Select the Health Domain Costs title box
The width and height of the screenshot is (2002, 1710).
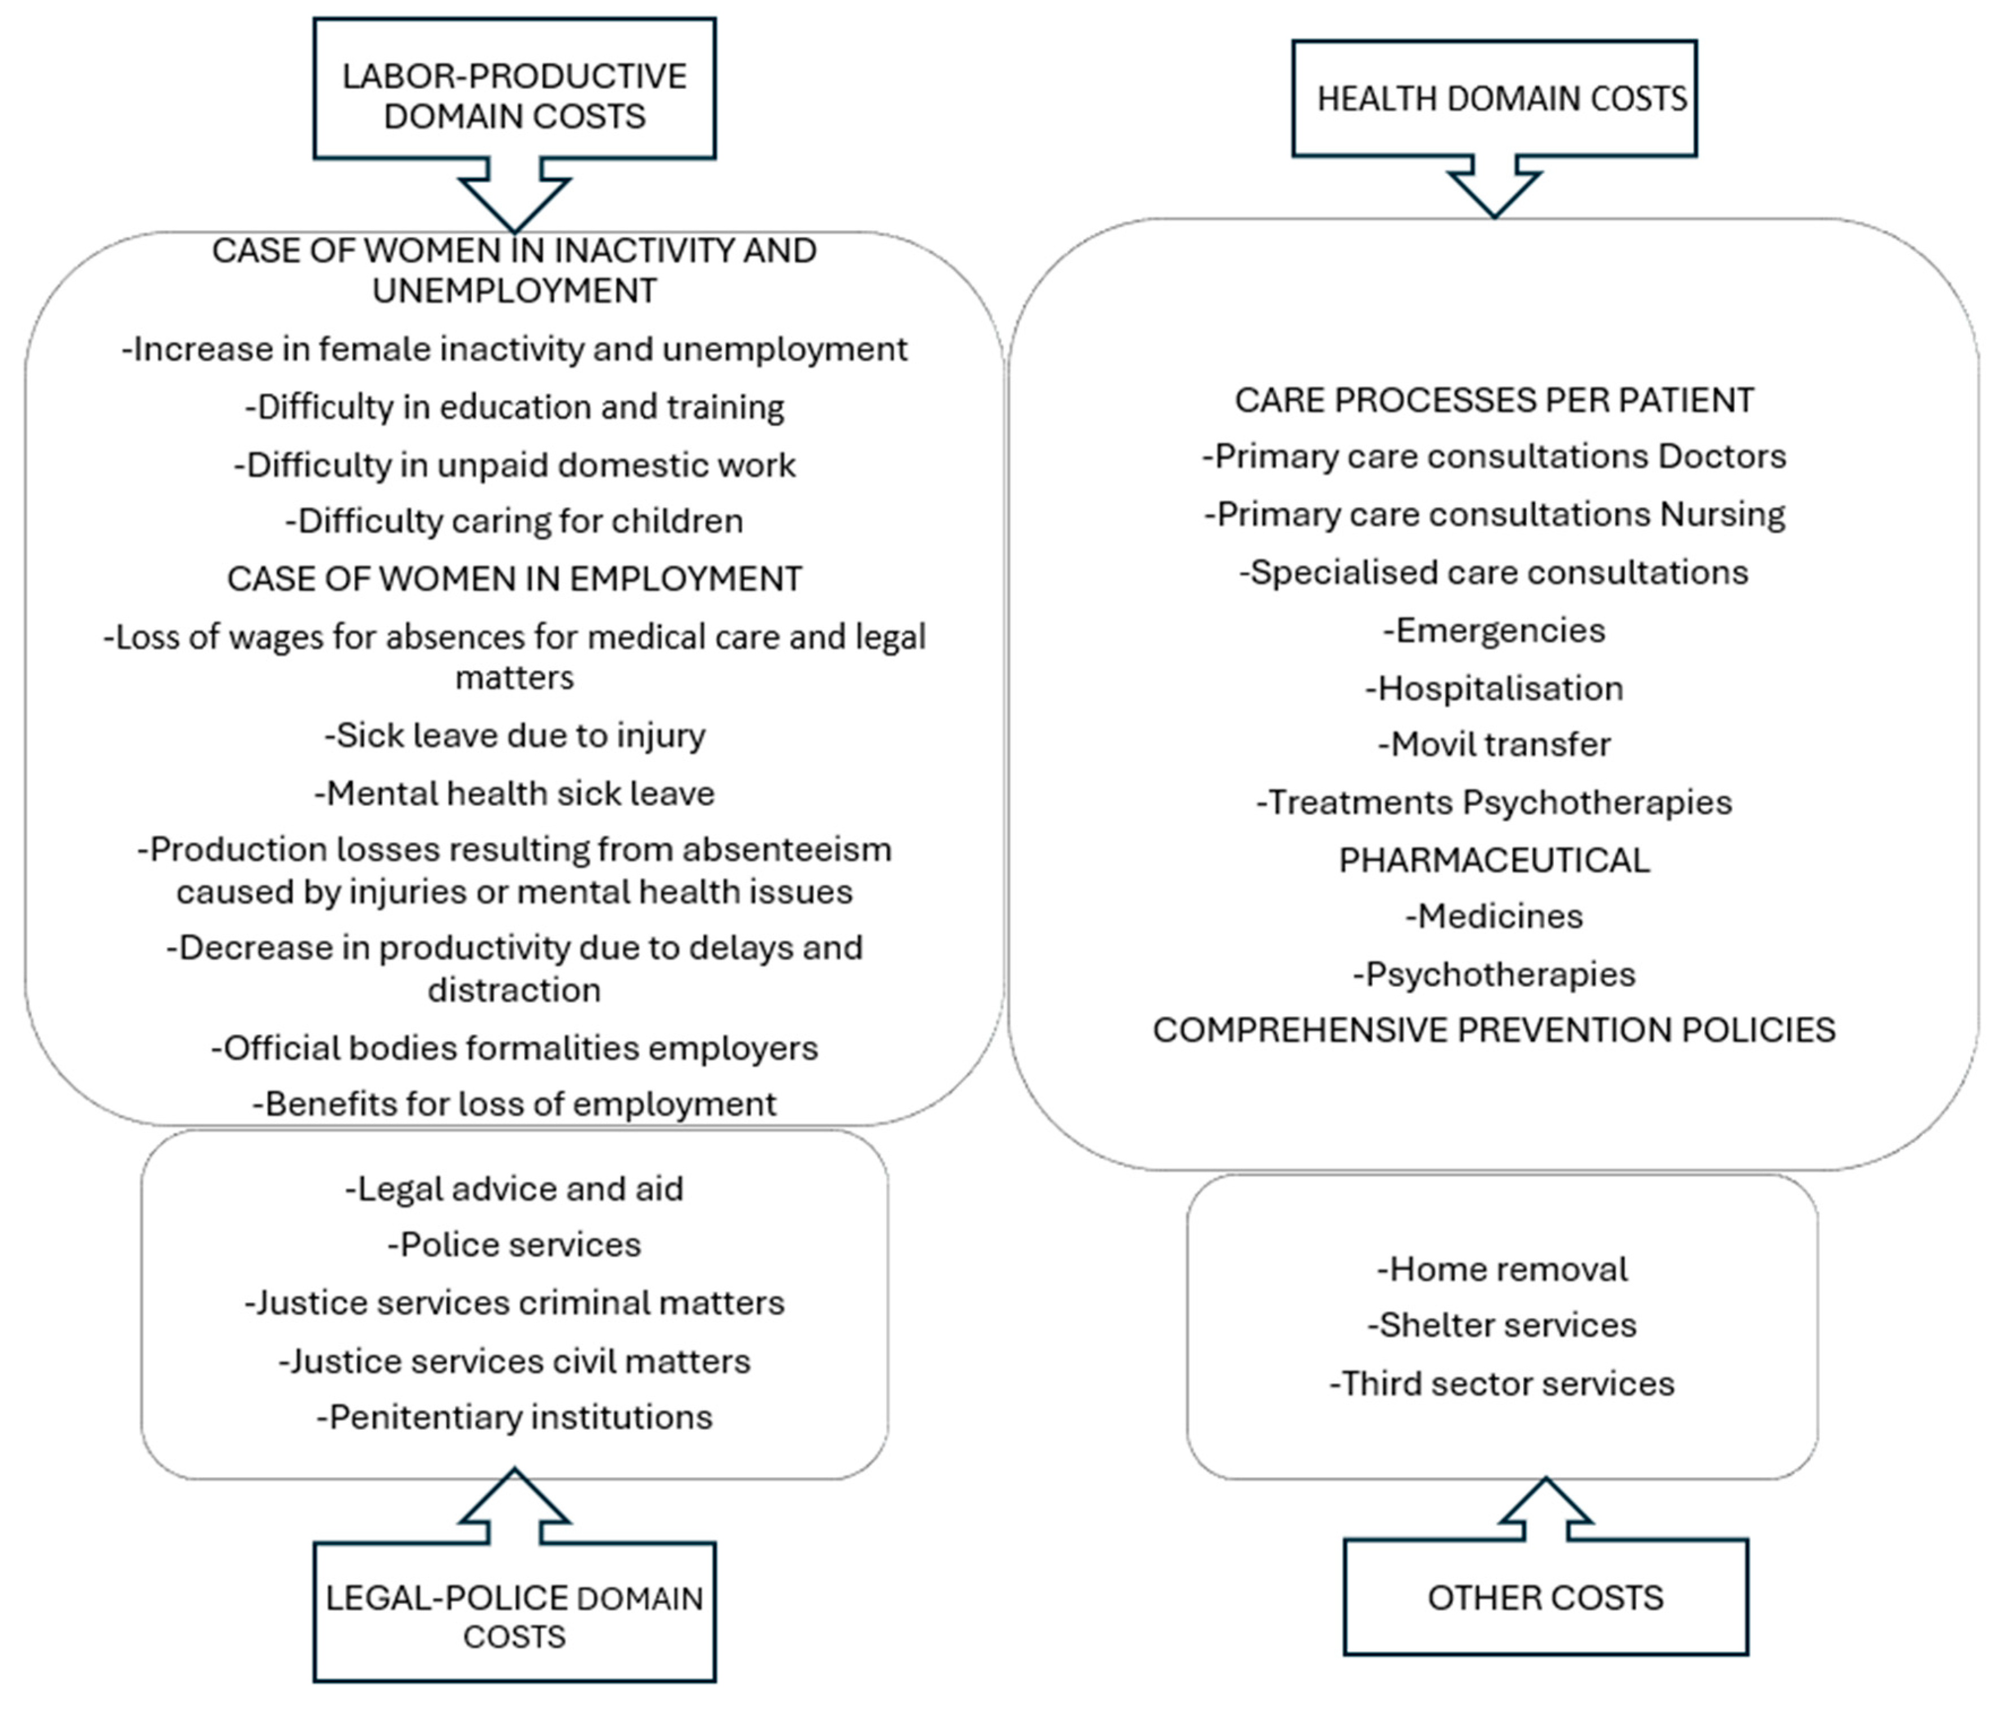pos(1494,98)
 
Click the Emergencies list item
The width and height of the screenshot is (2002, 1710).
pos(1494,630)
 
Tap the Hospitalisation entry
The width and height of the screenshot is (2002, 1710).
pos(1494,688)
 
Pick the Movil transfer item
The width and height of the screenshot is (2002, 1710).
pos(1494,744)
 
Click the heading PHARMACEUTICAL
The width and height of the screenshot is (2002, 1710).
pos(1494,860)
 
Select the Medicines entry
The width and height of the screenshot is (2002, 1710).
pos(1494,916)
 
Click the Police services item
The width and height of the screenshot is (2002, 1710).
pos(514,1245)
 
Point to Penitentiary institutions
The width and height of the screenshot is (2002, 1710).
pos(514,1417)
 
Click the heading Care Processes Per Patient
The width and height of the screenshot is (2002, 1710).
pos(1494,400)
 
